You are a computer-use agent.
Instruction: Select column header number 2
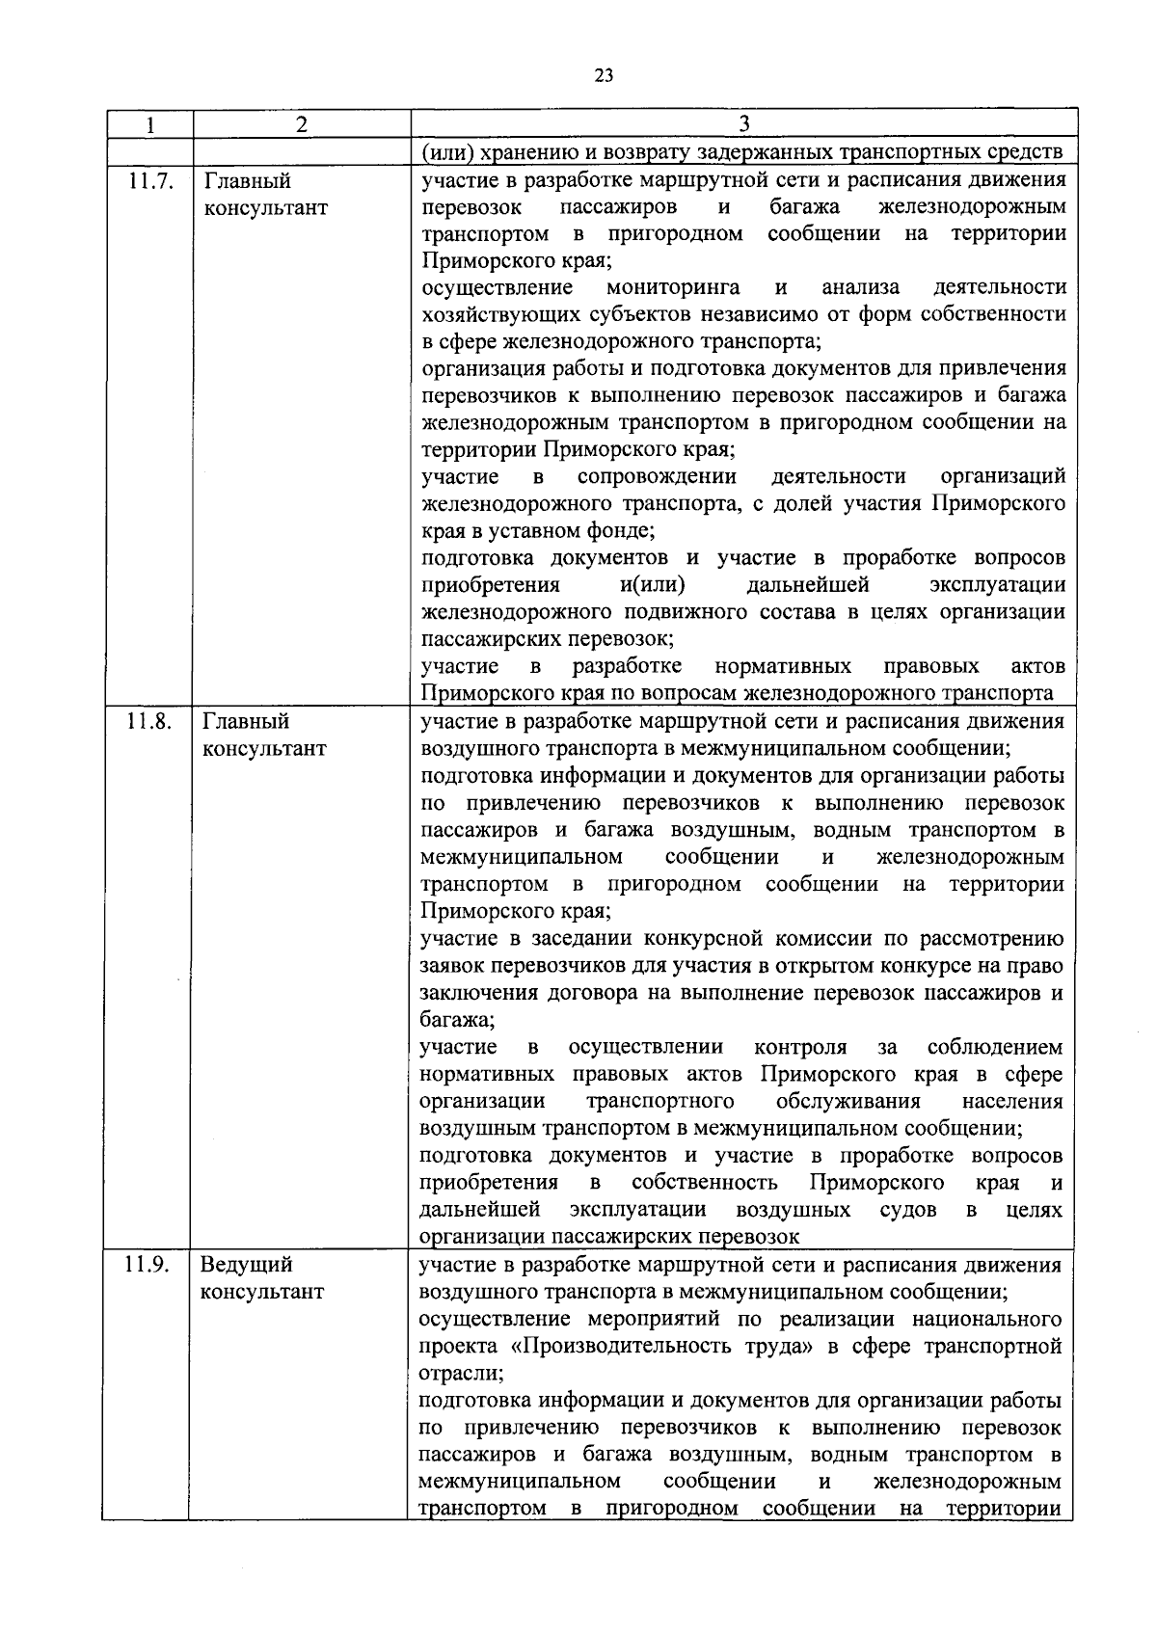[x=302, y=124]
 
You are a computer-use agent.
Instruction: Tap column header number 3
[x=742, y=124]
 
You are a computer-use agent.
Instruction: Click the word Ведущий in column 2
[x=247, y=1265]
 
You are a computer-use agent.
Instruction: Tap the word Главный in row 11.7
[x=247, y=181]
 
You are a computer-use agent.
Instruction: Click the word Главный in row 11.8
[x=246, y=721]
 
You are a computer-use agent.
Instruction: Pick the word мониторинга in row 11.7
[x=673, y=287]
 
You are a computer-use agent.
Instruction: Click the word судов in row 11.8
[x=907, y=1210]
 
